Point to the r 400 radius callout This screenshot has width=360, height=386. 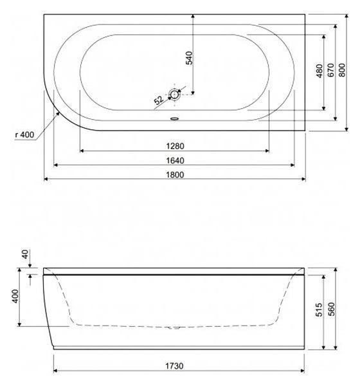(x=22, y=134)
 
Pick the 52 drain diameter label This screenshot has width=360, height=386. (x=158, y=100)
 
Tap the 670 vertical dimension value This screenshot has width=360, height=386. (x=329, y=71)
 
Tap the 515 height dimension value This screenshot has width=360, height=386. (x=328, y=310)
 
